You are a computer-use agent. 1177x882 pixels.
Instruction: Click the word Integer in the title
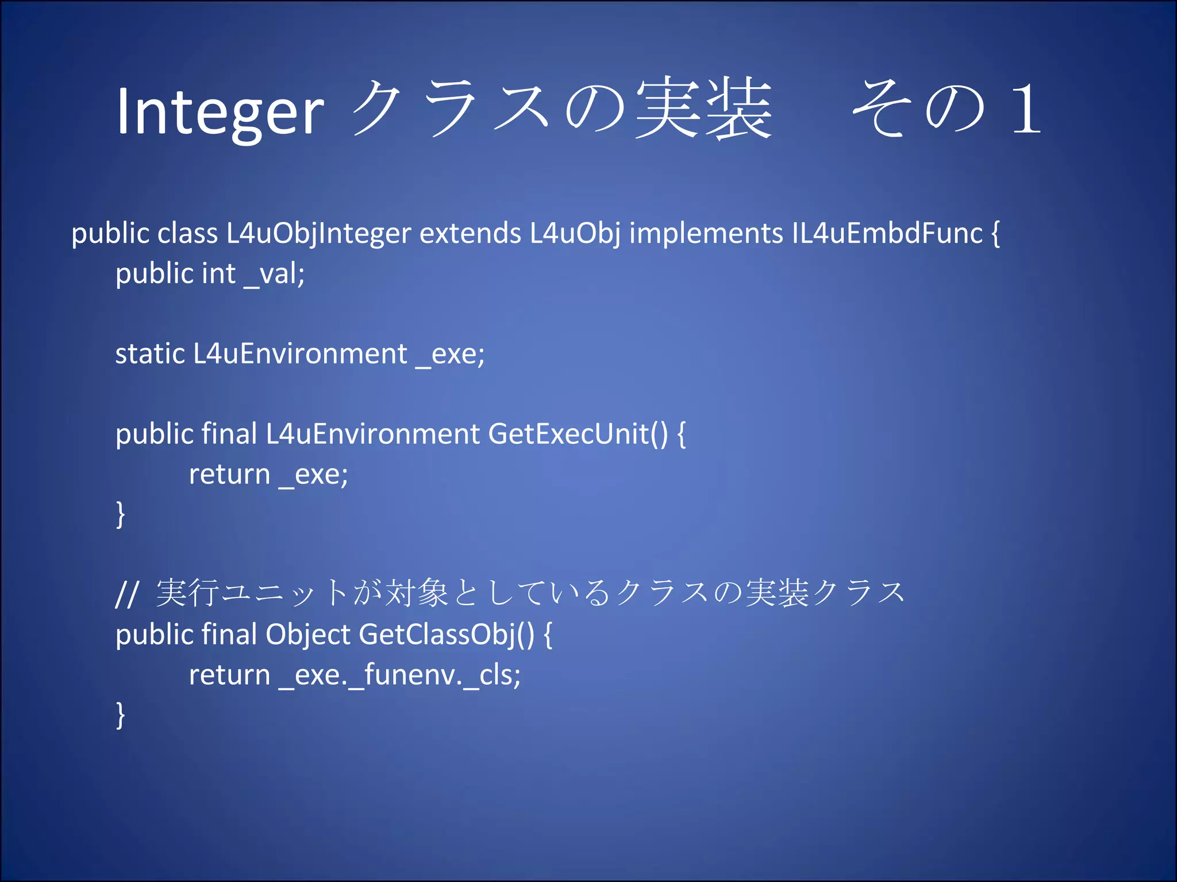coord(220,112)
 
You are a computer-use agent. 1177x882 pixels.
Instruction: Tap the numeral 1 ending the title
coord(1026,109)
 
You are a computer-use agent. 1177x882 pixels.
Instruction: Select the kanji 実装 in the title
coord(704,109)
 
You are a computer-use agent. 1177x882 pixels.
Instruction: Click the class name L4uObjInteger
coord(318,234)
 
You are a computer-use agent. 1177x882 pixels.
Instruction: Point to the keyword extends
coord(470,234)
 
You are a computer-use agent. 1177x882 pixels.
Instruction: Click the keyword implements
coord(706,234)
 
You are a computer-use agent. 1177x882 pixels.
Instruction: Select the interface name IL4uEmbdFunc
coord(887,234)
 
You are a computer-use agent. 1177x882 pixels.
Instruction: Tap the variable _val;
coord(275,274)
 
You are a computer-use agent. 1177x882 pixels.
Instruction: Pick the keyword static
coord(149,354)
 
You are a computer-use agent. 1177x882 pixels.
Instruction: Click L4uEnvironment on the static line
coord(300,354)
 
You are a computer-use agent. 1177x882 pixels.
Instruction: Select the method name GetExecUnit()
coord(578,434)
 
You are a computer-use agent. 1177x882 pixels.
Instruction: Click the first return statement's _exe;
coord(314,475)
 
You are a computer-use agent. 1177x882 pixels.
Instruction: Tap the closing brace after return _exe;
coord(120,514)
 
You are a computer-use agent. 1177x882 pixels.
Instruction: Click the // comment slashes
coord(126,594)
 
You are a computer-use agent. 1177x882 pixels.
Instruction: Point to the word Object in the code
coord(307,635)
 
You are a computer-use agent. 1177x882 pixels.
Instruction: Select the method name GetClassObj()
coord(447,635)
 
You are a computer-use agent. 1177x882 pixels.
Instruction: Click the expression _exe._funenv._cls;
coord(400,675)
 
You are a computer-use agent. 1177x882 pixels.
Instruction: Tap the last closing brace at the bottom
coord(120,715)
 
